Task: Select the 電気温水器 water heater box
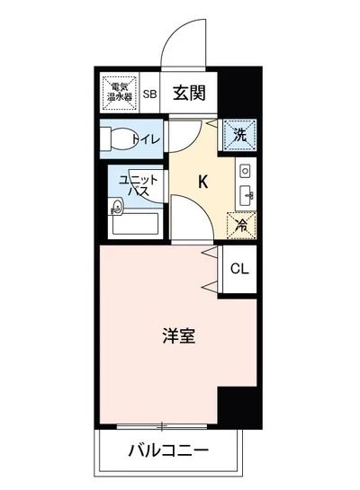tap(119, 93)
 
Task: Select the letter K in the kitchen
tap(203, 182)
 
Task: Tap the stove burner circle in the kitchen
tap(244, 171)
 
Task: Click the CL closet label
tap(239, 268)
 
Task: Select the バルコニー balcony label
tap(167, 449)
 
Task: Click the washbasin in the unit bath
tap(116, 210)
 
